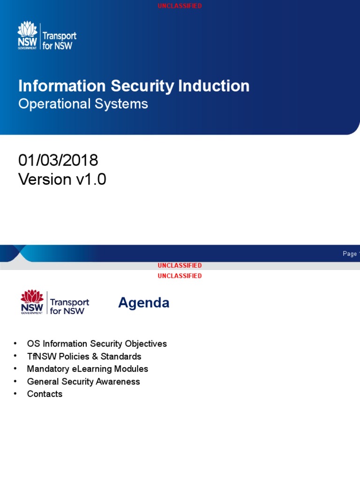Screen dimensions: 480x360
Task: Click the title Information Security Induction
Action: tap(134, 86)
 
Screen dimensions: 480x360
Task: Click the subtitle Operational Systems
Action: tap(83, 104)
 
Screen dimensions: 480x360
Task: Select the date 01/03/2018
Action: tap(58, 160)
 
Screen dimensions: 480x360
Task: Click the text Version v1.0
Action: tap(62, 180)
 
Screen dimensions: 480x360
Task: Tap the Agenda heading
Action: tap(143, 303)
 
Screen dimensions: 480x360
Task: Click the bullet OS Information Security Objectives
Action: tap(97, 344)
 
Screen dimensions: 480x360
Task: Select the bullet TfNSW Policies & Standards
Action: tap(84, 356)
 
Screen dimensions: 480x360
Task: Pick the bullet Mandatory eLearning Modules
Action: tap(87, 369)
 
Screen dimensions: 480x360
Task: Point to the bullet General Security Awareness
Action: tap(83, 382)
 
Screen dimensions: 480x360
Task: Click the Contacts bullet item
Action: tap(45, 394)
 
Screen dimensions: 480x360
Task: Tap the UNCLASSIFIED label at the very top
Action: tap(180, 6)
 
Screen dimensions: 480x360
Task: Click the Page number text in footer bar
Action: tap(351, 254)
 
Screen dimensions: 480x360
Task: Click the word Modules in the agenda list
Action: tap(132, 369)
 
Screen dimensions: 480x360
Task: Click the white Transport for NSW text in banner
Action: tap(59, 41)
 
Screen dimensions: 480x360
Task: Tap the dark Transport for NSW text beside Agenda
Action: tap(69, 307)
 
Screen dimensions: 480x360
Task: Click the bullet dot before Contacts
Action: tap(16, 394)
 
